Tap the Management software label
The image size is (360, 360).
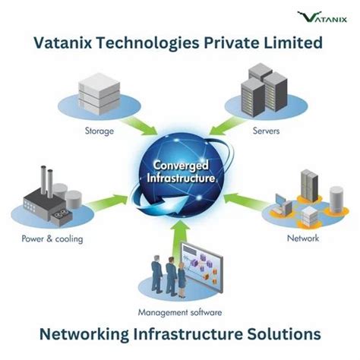point(180,312)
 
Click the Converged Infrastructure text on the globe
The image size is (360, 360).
point(179,172)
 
